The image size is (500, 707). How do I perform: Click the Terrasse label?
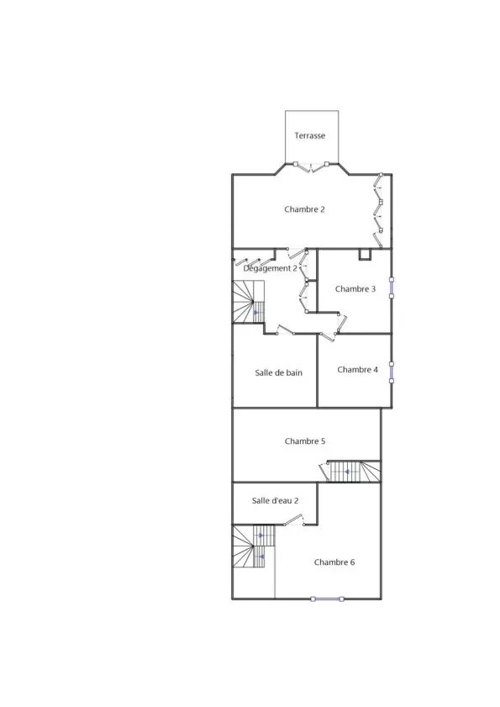click(310, 135)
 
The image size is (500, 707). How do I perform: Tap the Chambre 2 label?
click(304, 209)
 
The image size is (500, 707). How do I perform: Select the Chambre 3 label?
click(355, 289)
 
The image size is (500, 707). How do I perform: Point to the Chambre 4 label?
click(357, 370)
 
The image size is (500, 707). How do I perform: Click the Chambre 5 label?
click(305, 441)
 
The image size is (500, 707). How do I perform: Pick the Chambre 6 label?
click(334, 562)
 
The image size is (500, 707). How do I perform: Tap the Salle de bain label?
click(279, 373)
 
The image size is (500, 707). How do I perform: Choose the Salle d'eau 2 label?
click(275, 500)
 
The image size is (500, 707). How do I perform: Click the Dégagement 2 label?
click(270, 268)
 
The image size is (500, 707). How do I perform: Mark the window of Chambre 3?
click(392, 288)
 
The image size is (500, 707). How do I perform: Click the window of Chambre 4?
click(392, 372)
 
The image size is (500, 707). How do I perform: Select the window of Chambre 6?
click(328, 599)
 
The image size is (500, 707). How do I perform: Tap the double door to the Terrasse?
click(311, 166)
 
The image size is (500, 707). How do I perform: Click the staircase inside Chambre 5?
click(354, 471)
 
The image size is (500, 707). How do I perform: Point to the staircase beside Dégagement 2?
click(248, 302)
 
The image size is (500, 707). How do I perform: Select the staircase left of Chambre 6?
click(254, 546)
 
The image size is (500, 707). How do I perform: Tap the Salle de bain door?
click(285, 330)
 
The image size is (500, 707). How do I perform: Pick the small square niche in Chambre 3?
click(365, 255)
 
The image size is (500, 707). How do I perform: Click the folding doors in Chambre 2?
click(378, 211)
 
